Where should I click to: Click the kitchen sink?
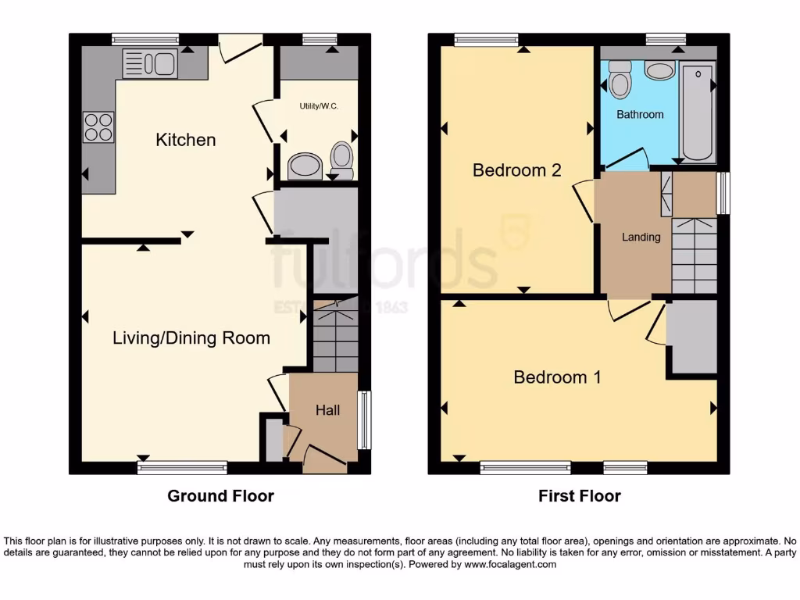pyautogui.click(x=148, y=62)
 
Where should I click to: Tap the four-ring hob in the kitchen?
pyautogui.click(x=98, y=127)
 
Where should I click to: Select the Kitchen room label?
pyautogui.click(x=186, y=140)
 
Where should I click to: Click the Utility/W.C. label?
pyautogui.click(x=319, y=105)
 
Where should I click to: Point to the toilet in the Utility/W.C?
pyautogui.click(x=341, y=156)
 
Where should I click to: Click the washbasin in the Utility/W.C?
pyautogui.click(x=304, y=165)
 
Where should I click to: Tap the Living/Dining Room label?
pyautogui.click(x=191, y=338)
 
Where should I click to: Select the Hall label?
pyautogui.click(x=327, y=409)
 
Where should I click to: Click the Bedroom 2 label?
pyautogui.click(x=516, y=170)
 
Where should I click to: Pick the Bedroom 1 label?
pyautogui.click(x=557, y=377)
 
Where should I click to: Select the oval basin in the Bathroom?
pyautogui.click(x=661, y=72)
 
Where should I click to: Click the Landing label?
pyautogui.click(x=641, y=237)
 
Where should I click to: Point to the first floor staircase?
pyautogui.click(x=694, y=254)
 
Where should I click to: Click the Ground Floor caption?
pyautogui.click(x=220, y=495)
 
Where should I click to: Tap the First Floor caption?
pyautogui.click(x=579, y=495)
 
